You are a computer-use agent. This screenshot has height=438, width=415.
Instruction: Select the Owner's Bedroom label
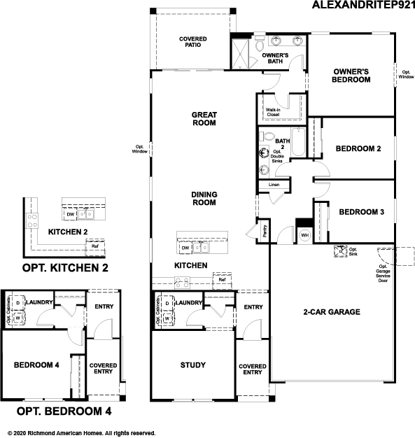[351, 76]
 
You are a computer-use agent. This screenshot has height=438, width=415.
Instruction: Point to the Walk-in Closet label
[273, 112]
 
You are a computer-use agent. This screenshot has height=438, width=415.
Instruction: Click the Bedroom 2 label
[358, 148]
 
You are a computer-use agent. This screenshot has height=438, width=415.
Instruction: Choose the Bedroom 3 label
[361, 212]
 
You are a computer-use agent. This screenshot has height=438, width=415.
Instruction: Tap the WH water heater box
[304, 235]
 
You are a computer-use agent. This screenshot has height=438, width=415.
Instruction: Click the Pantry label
[265, 230]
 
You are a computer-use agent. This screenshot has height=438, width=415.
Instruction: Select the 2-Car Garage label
[332, 311]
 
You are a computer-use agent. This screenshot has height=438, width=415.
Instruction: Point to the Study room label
[192, 365]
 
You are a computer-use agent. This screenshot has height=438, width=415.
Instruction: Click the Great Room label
[204, 118]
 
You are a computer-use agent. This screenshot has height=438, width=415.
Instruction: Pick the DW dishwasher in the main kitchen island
[185, 248]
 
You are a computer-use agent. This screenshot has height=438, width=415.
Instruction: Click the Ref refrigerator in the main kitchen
[222, 280]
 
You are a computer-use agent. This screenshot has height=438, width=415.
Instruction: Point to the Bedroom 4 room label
[36, 365]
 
